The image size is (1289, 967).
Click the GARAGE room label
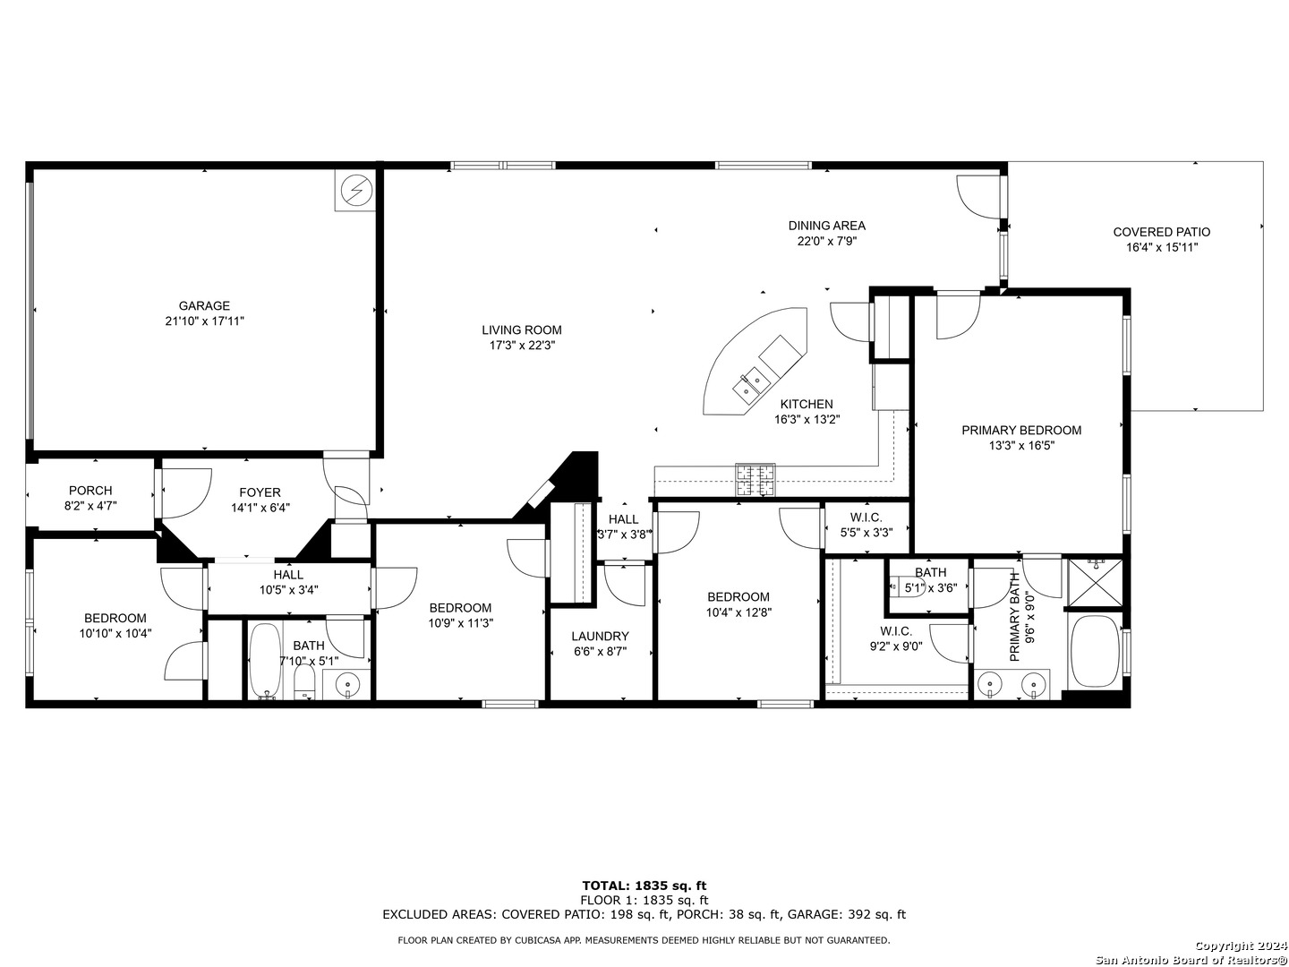click(x=204, y=305)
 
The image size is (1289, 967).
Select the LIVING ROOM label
click(x=522, y=330)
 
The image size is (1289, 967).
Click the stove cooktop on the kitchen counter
click(x=755, y=480)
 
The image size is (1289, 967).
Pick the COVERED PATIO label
click(x=1162, y=232)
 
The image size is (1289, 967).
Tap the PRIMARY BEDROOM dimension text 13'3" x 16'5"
click(x=1021, y=446)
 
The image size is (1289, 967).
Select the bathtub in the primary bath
click(x=1095, y=651)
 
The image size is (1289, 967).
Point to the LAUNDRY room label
click(x=600, y=636)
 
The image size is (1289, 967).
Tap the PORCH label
click(x=90, y=491)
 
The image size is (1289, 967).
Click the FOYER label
click(x=260, y=492)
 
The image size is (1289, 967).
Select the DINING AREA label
click(x=827, y=226)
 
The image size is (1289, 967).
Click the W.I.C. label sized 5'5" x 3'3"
click(x=866, y=518)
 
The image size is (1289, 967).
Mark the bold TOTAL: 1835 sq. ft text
click(x=644, y=886)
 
